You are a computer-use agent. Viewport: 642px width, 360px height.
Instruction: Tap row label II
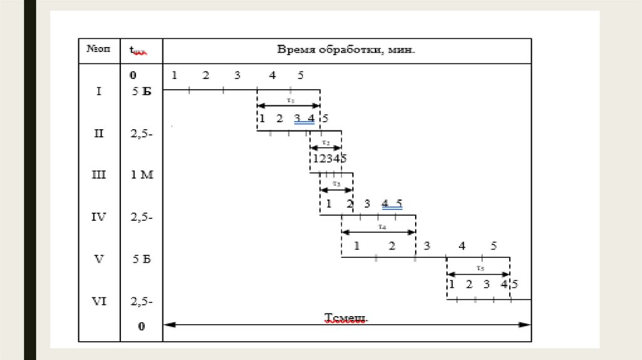point(98,133)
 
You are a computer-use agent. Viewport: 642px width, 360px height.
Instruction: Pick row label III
point(99,175)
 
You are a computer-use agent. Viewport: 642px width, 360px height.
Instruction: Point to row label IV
point(99,217)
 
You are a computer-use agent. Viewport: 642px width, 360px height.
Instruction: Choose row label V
point(99,258)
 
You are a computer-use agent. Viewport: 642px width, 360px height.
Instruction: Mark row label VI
point(99,301)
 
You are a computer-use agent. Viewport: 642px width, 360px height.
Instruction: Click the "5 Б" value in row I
point(142,92)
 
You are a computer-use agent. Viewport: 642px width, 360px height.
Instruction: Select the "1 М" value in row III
point(142,175)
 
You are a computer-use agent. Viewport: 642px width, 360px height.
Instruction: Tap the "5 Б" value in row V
point(142,258)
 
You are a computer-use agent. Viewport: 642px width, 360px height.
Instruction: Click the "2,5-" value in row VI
point(142,301)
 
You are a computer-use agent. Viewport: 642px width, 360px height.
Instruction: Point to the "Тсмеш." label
point(345,318)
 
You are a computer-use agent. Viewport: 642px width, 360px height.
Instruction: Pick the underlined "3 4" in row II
point(304,119)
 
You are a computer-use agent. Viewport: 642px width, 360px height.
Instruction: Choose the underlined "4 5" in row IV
point(392,203)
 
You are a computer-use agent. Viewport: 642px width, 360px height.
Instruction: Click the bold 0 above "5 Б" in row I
point(133,75)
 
